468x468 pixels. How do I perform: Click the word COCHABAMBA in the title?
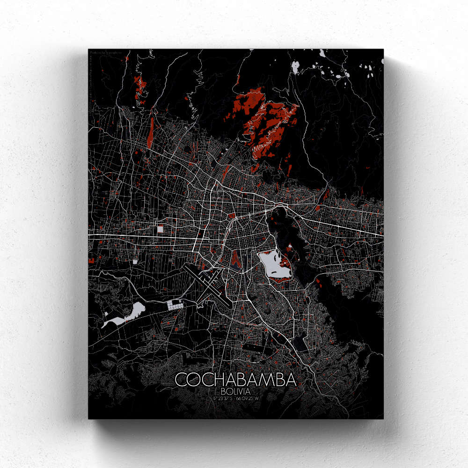235,380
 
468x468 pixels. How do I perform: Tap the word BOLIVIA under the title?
235,391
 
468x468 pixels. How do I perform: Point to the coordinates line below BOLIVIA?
235,398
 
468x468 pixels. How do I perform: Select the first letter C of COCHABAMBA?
181,380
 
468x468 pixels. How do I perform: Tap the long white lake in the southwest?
124,315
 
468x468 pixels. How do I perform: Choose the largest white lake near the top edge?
295,67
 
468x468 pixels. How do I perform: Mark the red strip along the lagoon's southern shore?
281,279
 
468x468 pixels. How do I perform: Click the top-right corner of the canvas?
383,50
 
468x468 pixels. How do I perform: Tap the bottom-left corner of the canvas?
89,418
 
